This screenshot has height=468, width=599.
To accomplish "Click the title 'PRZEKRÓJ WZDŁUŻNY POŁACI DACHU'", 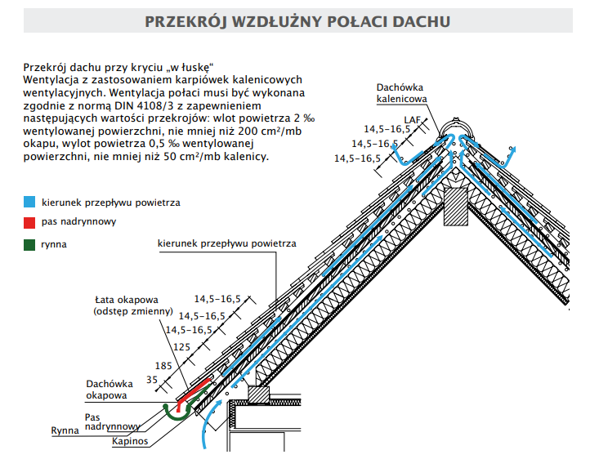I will pyautogui.click(x=297, y=21).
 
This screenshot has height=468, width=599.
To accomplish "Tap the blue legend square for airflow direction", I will pyautogui.click(x=29, y=201).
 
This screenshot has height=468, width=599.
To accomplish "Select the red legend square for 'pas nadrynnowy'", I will pyautogui.click(x=29, y=222).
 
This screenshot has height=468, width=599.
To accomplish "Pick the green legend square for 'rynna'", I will pyautogui.click(x=29, y=243).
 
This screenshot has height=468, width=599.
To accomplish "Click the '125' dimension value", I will pyautogui.click(x=181, y=347).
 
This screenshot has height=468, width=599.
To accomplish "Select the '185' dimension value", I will pyautogui.click(x=163, y=365).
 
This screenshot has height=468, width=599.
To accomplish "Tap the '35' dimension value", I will pyautogui.click(x=152, y=380).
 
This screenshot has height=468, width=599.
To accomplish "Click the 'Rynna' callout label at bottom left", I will pyautogui.click(x=65, y=430).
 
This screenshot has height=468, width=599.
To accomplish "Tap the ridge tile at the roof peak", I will pyautogui.click(x=455, y=129).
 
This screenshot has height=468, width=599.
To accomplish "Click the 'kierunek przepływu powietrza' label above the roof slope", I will pyautogui.click(x=226, y=243).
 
